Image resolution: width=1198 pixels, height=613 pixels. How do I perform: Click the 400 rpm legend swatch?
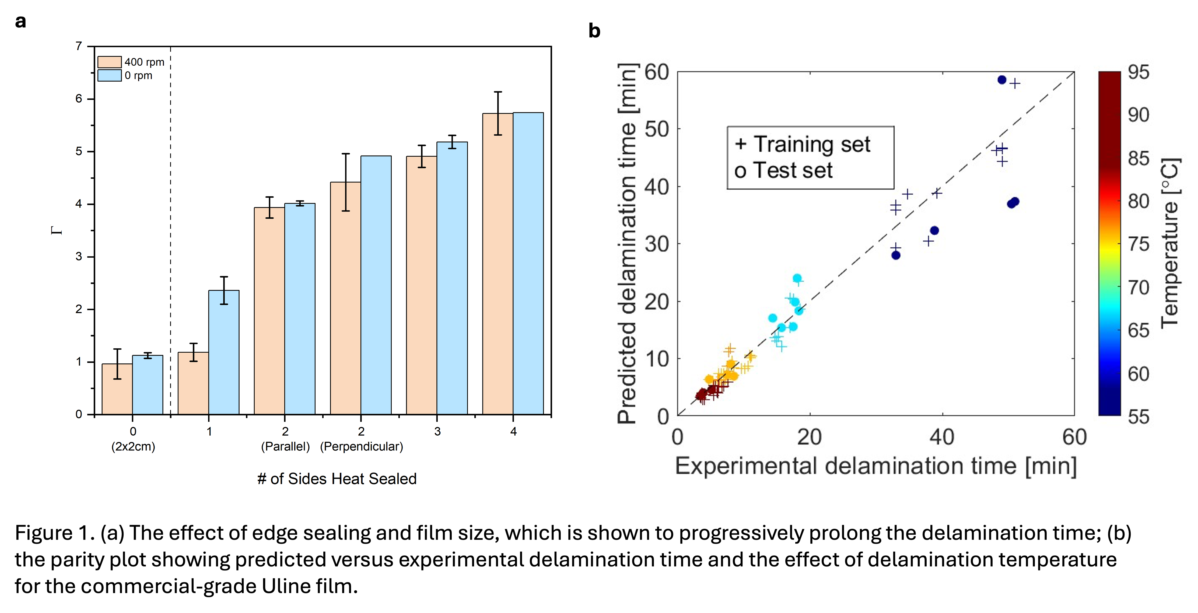coord(109,62)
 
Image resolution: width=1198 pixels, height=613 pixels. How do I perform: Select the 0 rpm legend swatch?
coord(109,75)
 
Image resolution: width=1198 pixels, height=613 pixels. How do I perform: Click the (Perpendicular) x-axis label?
coord(361,447)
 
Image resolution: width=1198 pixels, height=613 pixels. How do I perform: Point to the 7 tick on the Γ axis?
coord(79,46)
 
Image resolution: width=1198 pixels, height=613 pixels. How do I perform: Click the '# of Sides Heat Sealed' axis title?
coord(337,479)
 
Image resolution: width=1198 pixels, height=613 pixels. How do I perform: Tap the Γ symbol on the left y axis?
coord(57,230)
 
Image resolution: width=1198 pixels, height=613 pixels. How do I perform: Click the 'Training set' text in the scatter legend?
coord(811,144)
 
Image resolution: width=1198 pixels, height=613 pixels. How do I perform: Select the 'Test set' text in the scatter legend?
coord(793,170)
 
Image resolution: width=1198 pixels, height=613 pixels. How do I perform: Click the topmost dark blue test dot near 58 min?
coord(1002,80)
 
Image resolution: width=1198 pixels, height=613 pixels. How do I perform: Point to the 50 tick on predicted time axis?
coord(656,129)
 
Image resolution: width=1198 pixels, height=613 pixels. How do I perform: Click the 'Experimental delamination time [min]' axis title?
coord(875,465)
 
